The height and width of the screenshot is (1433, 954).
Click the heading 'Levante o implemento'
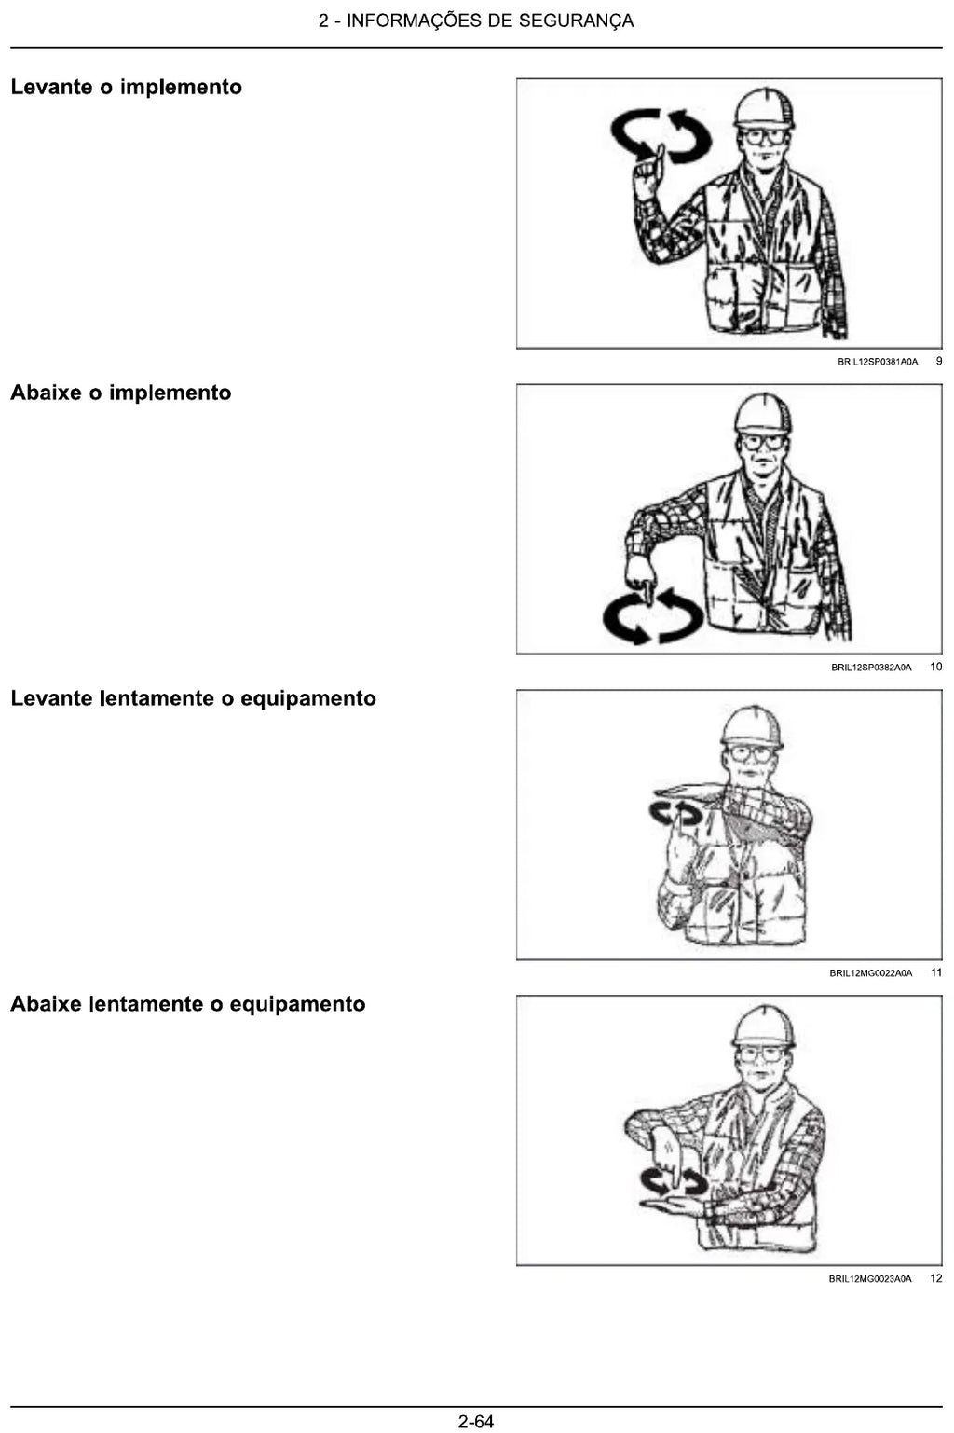coord(126,87)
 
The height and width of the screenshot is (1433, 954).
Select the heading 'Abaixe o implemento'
coord(121,393)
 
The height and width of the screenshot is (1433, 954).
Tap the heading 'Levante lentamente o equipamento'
coord(193,698)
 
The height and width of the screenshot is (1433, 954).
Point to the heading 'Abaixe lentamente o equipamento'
coord(188,1004)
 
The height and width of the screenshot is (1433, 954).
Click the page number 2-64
coord(476,1422)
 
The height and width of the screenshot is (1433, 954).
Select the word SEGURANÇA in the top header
coord(576,21)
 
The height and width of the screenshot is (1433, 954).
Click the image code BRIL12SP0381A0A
coord(878,362)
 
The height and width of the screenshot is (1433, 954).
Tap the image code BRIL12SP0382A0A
coord(871,668)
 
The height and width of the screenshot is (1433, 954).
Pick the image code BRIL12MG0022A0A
coord(871,973)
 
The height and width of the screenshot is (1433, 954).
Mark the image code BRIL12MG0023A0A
coord(870,1279)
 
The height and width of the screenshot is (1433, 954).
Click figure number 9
coord(939,362)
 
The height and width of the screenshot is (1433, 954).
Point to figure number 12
coord(936,1279)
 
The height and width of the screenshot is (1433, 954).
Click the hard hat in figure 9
coord(764,107)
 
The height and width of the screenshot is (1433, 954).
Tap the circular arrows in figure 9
coord(661,135)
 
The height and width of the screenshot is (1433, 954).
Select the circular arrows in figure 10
coord(653,616)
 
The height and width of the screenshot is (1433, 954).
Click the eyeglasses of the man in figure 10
coord(764,441)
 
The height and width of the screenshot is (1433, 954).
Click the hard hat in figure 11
coord(752,727)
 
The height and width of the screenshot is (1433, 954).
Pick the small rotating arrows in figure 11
coord(675,813)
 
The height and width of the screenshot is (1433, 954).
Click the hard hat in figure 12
coord(764,1027)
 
